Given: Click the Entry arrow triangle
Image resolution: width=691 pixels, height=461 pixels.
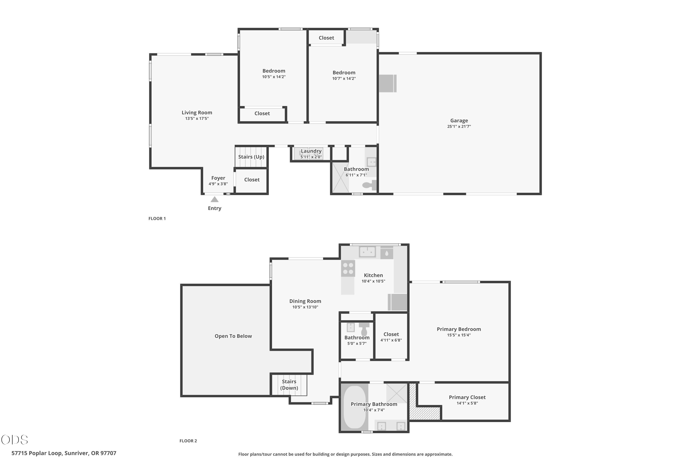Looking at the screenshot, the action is click(x=214, y=199).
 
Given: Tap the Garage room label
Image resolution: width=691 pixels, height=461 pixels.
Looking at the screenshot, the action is click(x=459, y=121).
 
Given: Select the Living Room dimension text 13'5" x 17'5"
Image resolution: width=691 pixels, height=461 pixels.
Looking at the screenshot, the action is click(x=197, y=118).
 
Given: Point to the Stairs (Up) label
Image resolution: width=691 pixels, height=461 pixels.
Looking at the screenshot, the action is click(x=251, y=157).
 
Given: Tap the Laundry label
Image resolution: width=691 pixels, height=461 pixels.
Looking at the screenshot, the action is click(x=311, y=151).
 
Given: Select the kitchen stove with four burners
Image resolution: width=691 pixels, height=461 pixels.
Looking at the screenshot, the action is click(x=348, y=269).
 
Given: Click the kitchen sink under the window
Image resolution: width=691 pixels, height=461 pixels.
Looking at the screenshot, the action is click(x=367, y=252).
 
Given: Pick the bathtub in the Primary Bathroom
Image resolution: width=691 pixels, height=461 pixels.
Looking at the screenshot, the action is click(x=355, y=407).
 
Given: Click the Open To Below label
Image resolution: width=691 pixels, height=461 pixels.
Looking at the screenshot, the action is click(x=233, y=336).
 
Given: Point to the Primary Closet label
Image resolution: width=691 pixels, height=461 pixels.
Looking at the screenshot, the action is click(x=467, y=397).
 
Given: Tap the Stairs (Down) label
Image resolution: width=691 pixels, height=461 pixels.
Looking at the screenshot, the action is click(x=289, y=384).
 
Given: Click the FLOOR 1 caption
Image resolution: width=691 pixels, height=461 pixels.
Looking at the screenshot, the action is click(x=157, y=219).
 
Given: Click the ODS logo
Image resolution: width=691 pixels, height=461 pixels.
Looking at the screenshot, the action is click(x=15, y=440).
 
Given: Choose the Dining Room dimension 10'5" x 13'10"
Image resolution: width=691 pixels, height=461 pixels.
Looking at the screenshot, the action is click(x=305, y=307).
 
